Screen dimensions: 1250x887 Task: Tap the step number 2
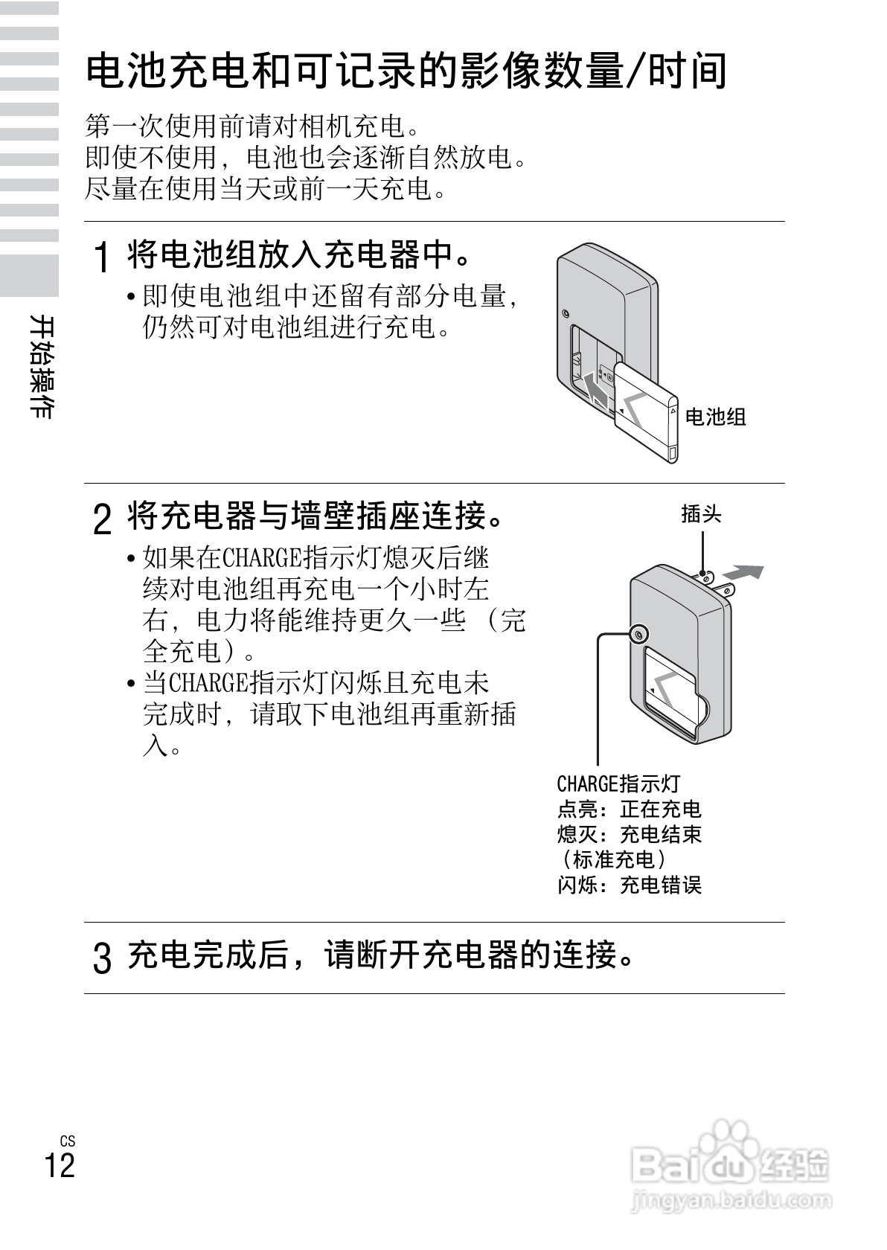click(x=103, y=519)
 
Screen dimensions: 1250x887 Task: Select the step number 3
click(x=103, y=958)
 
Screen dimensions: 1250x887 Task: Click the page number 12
click(x=60, y=1165)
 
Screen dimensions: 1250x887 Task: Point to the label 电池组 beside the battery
click(x=714, y=417)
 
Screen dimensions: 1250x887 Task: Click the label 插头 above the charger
click(x=701, y=514)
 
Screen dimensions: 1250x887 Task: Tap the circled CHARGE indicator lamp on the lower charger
click(x=638, y=635)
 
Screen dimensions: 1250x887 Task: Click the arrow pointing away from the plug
click(x=743, y=573)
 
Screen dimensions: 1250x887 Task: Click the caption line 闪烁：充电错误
click(x=630, y=885)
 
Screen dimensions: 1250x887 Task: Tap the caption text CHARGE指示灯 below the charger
click(x=618, y=783)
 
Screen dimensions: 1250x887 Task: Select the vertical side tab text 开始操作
click(x=41, y=366)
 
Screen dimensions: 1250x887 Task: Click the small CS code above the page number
click(x=68, y=1141)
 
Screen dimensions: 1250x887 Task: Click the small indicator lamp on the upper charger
click(x=567, y=313)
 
